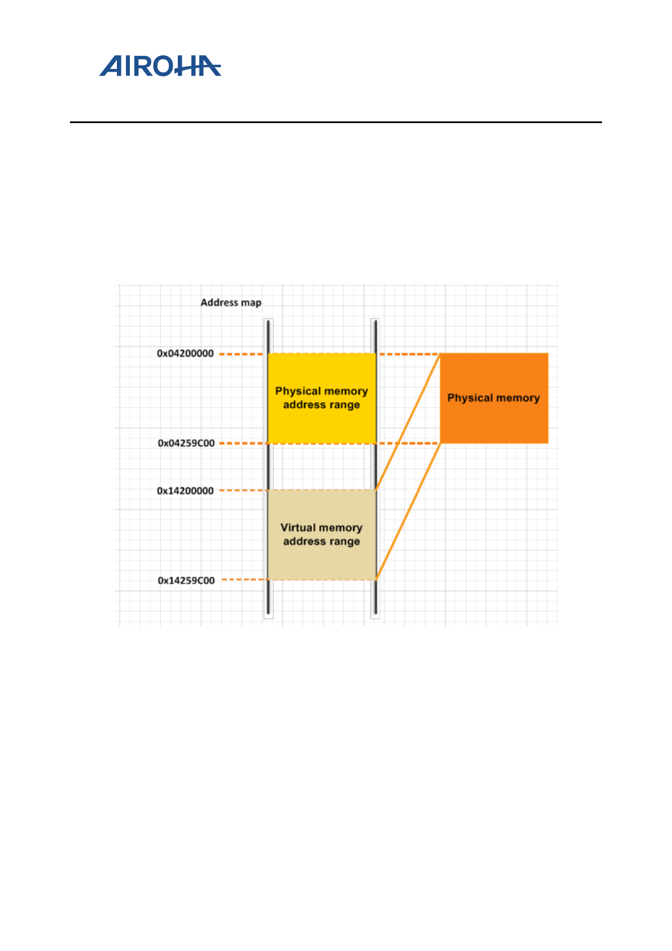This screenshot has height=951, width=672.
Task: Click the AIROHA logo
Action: coord(160,66)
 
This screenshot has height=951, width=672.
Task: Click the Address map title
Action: coord(230,303)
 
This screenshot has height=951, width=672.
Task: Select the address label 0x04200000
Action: coord(185,354)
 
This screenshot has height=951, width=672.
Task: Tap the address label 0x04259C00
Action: coord(186,443)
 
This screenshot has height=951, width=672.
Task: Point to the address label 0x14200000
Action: coord(185,491)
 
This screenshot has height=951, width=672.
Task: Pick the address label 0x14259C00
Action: coord(186,581)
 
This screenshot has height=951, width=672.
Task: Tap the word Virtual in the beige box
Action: coord(298,527)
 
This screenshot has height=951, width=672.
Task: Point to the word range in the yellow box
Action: coord(344,405)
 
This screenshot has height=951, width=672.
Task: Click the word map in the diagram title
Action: coord(251,303)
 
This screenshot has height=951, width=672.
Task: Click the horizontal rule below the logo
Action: coord(335,122)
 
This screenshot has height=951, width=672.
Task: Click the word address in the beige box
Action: coord(304,542)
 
